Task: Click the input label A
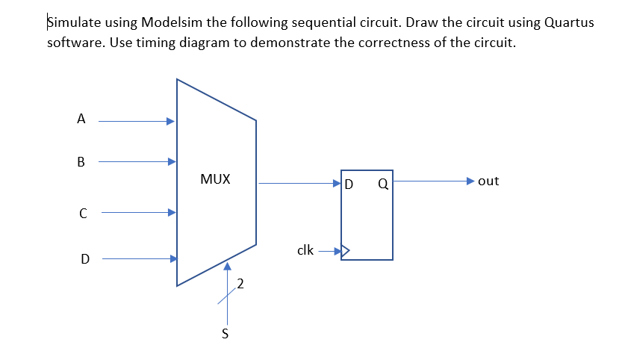click(x=81, y=118)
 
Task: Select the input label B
click(x=81, y=161)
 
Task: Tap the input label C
click(x=84, y=214)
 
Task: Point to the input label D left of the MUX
click(x=85, y=260)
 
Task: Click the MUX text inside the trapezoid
click(x=216, y=179)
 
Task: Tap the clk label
click(x=305, y=250)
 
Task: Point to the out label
click(x=488, y=181)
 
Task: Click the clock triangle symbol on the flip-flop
click(x=345, y=251)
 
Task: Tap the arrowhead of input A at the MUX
click(x=172, y=120)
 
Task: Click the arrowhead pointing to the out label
click(x=470, y=181)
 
